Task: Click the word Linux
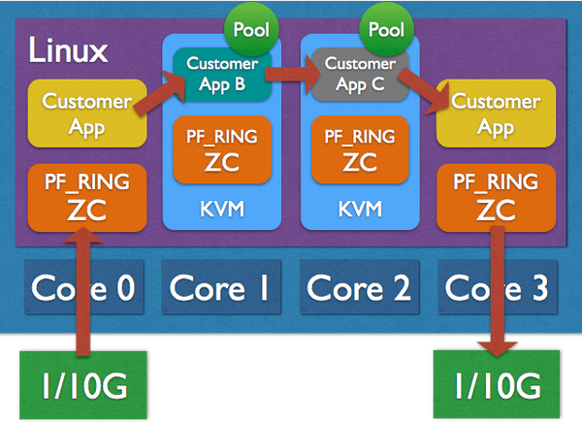(x=68, y=50)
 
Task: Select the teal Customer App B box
(x=222, y=75)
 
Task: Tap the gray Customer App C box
(x=359, y=75)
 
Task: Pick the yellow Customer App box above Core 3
(x=496, y=113)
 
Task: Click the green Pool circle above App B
(x=250, y=30)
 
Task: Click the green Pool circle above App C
(x=386, y=30)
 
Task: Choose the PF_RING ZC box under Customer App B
(x=222, y=149)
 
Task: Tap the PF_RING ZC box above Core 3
(x=496, y=197)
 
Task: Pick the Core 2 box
(x=358, y=287)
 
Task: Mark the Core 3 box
(x=497, y=287)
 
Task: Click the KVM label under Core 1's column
(x=222, y=209)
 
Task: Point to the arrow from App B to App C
(x=290, y=71)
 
